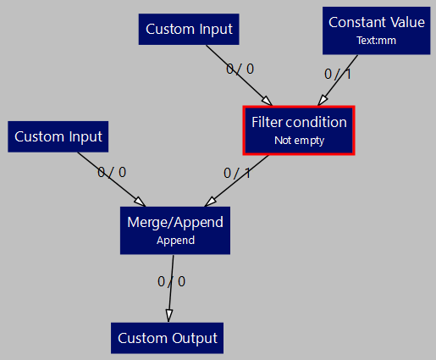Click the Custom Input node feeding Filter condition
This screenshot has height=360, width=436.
coord(189,29)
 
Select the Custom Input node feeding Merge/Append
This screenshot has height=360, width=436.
coord(58,136)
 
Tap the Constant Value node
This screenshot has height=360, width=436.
coord(377,29)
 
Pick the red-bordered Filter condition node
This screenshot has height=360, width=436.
coord(299,130)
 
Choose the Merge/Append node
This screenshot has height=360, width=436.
coord(175,230)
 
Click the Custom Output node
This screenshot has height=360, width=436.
coord(168,338)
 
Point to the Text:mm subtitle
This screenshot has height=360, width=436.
coord(377,39)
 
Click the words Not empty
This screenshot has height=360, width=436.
coord(299,141)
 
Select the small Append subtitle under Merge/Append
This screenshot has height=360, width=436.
coord(175,240)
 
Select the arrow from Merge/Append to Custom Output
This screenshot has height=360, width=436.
coord(171,288)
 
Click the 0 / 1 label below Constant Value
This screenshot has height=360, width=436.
coord(338,74)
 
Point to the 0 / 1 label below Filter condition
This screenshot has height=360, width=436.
coord(237,173)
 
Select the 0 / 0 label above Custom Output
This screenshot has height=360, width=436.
coord(171,281)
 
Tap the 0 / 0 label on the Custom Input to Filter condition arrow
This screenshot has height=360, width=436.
coord(240,69)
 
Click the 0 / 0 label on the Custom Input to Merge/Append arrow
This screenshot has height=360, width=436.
coord(112,172)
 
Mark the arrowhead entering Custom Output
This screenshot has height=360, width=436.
coord(168,316)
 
